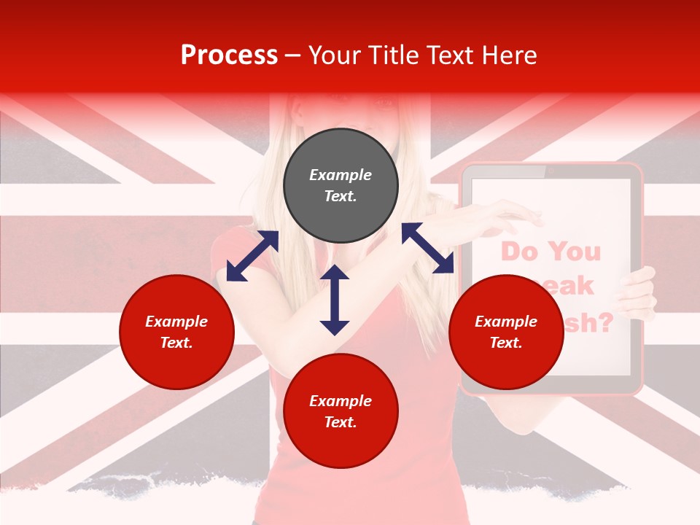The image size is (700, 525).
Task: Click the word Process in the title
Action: (x=229, y=55)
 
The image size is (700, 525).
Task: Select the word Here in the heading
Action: (x=508, y=55)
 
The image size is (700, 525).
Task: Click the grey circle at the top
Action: (x=341, y=186)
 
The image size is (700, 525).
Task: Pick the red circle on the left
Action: (x=176, y=332)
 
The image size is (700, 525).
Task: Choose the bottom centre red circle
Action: (x=341, y=411)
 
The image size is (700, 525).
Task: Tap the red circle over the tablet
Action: (x=506, y=332)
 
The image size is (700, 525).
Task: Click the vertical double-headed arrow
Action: (x=335, y=300)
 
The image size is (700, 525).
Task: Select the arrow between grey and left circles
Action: (x=252, y=256)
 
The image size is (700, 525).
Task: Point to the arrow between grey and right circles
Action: (x=428, y=248)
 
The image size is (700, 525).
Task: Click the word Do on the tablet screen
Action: (x=518, y=252)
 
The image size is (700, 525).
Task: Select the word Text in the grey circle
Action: (x=340, y=196)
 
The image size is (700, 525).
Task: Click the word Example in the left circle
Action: (x=176, y=322)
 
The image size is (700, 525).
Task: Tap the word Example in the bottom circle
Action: (x=341, y=401)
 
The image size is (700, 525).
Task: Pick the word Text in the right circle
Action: (x=506, y=343)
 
